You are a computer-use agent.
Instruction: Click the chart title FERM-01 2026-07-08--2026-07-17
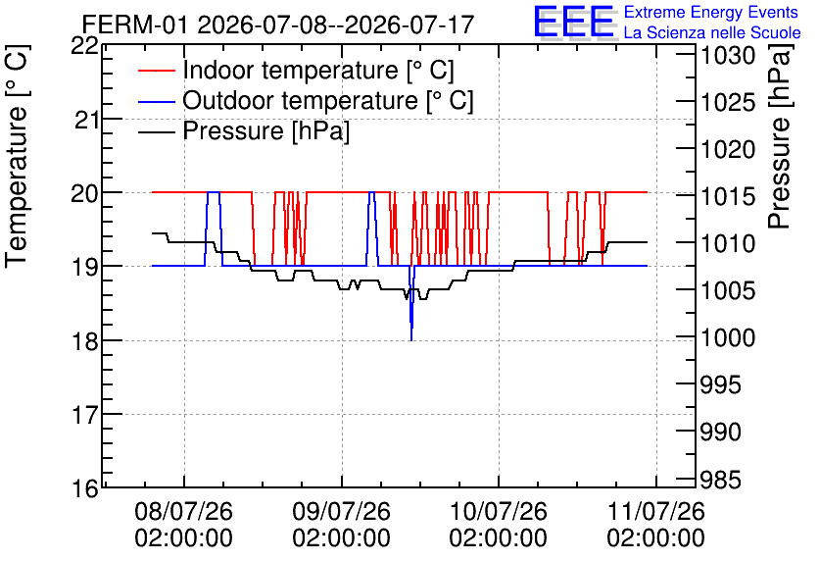point(278,25)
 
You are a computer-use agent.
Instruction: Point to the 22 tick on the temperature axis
point(85,46)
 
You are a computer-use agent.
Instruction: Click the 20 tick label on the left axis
point(85,193)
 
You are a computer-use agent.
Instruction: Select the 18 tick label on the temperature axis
point(85,341)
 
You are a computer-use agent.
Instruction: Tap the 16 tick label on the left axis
point(85,488)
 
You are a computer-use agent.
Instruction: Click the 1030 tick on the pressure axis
point(728,56)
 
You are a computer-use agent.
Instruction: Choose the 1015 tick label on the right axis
point(728,196)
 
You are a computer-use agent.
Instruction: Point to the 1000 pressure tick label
point(728,337)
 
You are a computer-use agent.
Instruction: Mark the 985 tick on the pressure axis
point(720,480)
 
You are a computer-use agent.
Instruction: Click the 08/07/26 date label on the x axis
point(183,511)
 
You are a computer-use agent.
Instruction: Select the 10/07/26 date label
point(499,511)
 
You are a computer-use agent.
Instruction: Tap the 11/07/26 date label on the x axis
point(655,511)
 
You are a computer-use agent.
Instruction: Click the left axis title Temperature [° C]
point(17,156)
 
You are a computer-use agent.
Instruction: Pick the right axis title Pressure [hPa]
point(780,136)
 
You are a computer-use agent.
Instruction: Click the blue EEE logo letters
point(574,22)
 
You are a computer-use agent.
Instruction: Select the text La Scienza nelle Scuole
point(712,33)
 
